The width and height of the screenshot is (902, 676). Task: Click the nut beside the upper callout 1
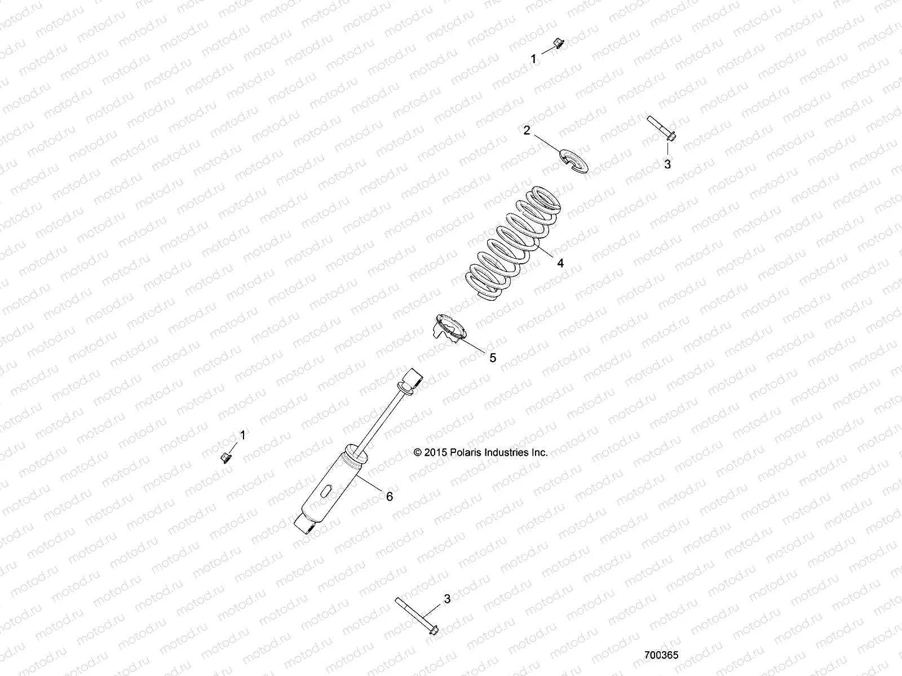[555, 43]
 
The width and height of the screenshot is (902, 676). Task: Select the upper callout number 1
[534, 59]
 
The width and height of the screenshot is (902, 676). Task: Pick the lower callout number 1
[243, 435]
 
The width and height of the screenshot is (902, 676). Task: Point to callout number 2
[527, 130]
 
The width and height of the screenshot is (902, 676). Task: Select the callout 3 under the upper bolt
[667, 164]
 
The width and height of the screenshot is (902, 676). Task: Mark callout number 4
[560, 263]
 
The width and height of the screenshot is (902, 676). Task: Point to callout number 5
[492, 357]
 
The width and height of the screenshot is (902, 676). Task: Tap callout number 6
[389, 496]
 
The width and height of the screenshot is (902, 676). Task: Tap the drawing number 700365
[661, 655]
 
